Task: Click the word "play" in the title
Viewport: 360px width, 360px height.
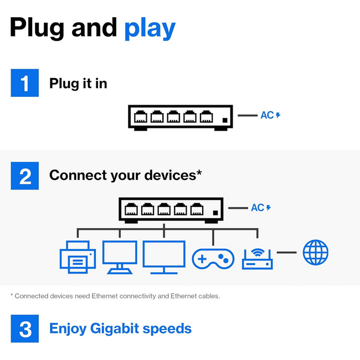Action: click(x=150, y=28)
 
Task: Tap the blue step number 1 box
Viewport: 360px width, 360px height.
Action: click(x=25, y=83)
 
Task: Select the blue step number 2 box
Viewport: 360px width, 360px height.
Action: click(x=25, y=176)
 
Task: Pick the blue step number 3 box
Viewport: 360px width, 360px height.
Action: click(x=25, y=328)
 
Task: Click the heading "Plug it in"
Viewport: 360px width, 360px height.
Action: click(x=78, y=83)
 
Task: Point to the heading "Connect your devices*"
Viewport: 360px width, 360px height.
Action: click(x=125, y=176)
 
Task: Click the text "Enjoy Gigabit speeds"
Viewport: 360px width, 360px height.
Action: click(x=120, y=328)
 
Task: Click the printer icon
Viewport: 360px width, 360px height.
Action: click(x=78, y=258)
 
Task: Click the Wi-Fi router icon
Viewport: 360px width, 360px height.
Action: click(x=258, y=258)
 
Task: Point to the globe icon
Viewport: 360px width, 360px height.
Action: click(x=316, y=253)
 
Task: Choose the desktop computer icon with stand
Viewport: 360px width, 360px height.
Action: click(x=120, y=256)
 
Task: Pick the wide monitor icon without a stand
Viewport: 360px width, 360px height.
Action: click(x=164, y=256)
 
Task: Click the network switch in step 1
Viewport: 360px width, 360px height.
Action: click(x=180, y=117)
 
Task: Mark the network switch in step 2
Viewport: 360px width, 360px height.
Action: click(x=171, y=210)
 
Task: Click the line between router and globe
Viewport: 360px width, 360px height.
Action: click(x=287, y=253)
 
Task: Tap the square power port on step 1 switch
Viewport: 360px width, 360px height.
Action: click(x=224, y=120)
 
